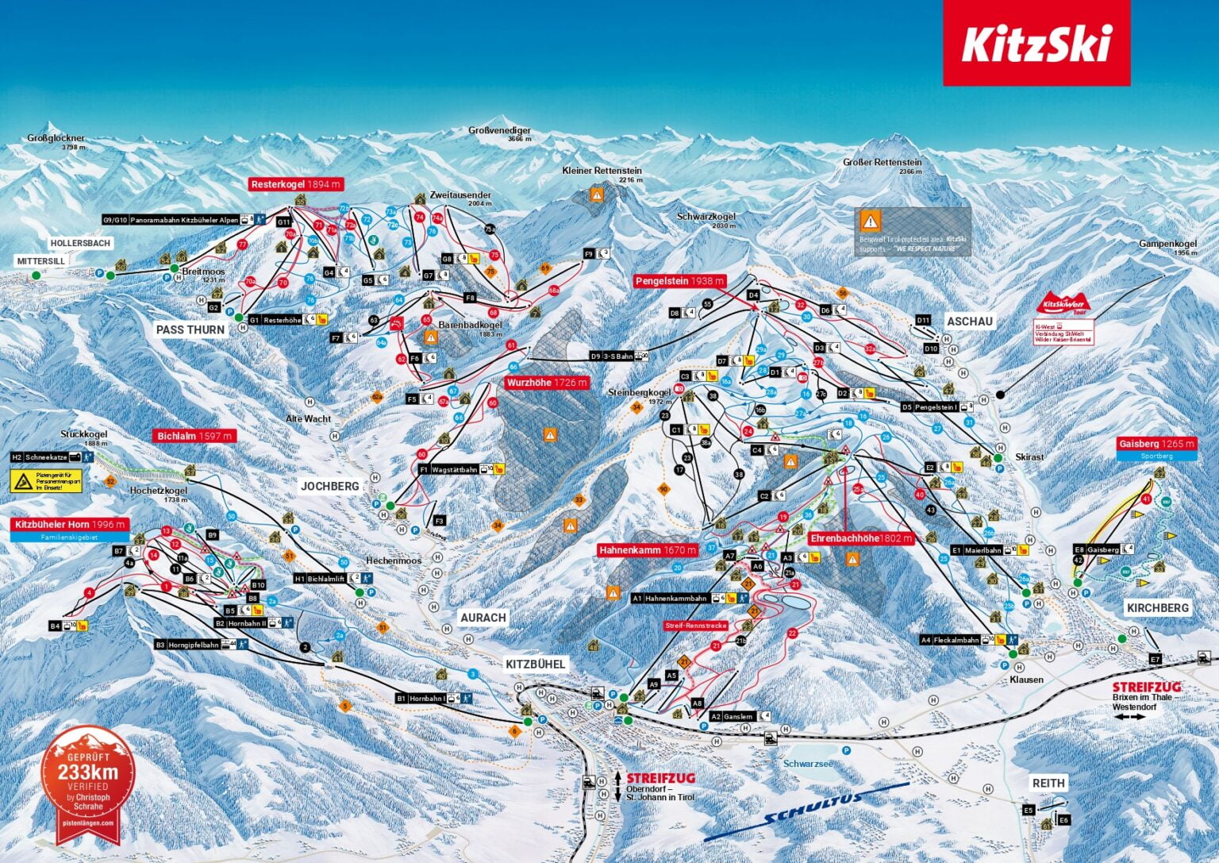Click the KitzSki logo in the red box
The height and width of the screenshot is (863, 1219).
[1036, 43]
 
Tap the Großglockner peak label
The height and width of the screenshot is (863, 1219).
[56, 139]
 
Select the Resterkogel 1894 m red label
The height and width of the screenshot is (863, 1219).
[296, 184]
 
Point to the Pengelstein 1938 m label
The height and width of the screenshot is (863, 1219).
[680, 281]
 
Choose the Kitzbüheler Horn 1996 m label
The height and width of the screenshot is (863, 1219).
[70, 525]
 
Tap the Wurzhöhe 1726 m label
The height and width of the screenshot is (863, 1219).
[547, 383]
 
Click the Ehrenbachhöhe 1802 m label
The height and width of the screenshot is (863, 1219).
[861, 538]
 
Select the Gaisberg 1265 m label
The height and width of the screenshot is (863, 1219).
[1156, 444]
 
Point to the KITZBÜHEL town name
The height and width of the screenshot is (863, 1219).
[536, 664]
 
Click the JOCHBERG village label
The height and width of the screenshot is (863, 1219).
[329, 486]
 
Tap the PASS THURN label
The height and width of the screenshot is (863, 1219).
[190, 329]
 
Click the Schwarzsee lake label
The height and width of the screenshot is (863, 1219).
[808, 764]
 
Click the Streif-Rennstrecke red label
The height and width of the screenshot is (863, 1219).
[696, 626]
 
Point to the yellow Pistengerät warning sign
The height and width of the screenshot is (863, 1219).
[46, 480]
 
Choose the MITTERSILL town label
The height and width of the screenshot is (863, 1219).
[41, 261]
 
